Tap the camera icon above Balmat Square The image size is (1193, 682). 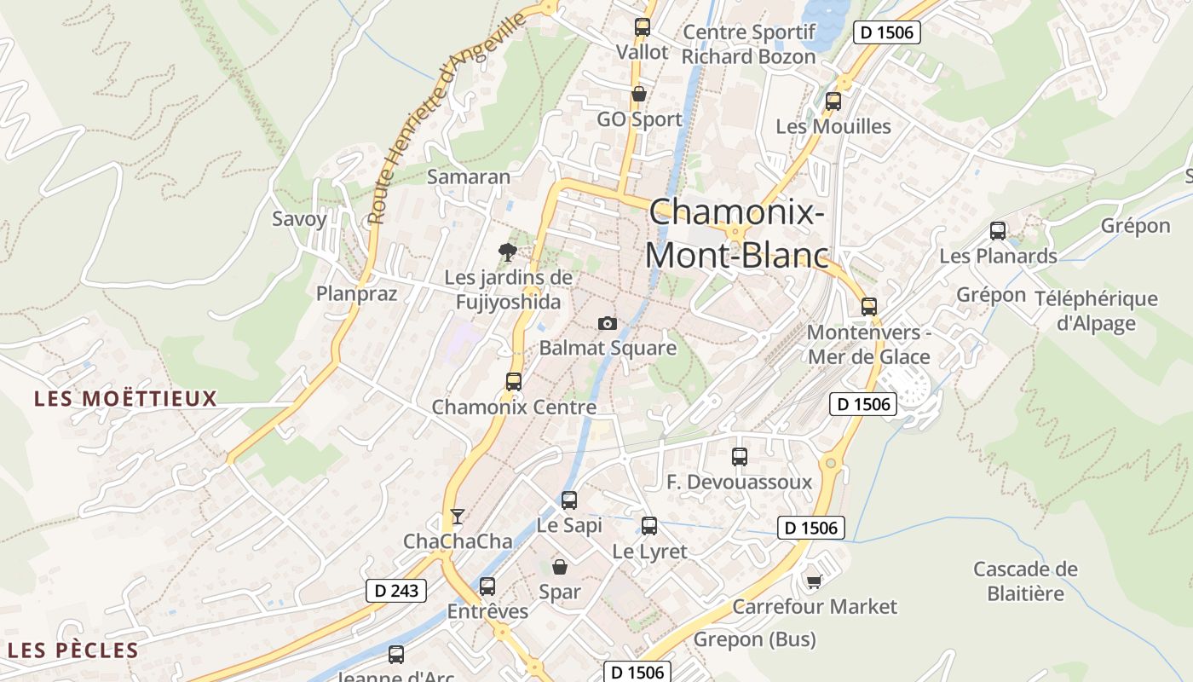click(x=607, y=323)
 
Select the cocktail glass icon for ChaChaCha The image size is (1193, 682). click(x=458, y=517)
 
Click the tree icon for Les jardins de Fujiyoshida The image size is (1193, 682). click(x=508, y=252)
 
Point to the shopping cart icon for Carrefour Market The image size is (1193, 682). click(x=814, y=581)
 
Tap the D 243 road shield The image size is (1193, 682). click(x=396, y=590)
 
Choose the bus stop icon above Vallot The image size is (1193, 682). click(x=643, y=27)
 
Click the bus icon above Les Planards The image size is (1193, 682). click(x=998, y=230)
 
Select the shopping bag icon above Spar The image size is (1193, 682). click(x=560, y=567)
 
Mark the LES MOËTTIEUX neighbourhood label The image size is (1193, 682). click(x=126, y=398)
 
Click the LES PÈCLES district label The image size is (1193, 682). click(x=73, y=650)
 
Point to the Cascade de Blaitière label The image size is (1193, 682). click(x=1025, y=581)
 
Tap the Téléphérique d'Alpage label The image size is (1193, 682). click(x=1096, y=310)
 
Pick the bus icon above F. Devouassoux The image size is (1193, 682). click(x=740, y=457)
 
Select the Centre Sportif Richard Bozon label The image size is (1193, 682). click(x=749, y=44)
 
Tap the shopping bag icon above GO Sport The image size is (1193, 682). click(x=639, y=94)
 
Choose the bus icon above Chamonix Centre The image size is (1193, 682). click(x=514, y=382)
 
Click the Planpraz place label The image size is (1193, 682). click(x=357, y=293)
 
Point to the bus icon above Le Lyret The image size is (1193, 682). click(x=649, y=526)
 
